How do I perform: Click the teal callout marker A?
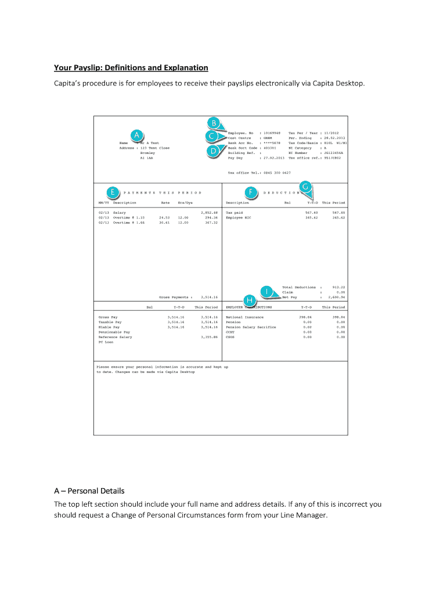[136, 135]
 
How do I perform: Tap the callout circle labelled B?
[214, 123]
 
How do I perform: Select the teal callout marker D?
[214, 152]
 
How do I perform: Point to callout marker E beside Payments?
[112, 191]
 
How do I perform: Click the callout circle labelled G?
[307, 186]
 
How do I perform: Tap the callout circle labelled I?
[268, 290]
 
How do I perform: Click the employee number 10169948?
[272, 133]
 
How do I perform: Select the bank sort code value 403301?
[269, 148]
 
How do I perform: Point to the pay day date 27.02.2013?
[273, 157]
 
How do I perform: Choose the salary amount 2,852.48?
[208, 213]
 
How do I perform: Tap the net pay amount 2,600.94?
[337, 297]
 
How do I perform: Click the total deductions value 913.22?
[338, 287]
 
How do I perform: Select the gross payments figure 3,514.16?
[207, 297]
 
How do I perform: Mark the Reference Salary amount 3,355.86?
[208, 337]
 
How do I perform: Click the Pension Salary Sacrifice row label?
[251, 327]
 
